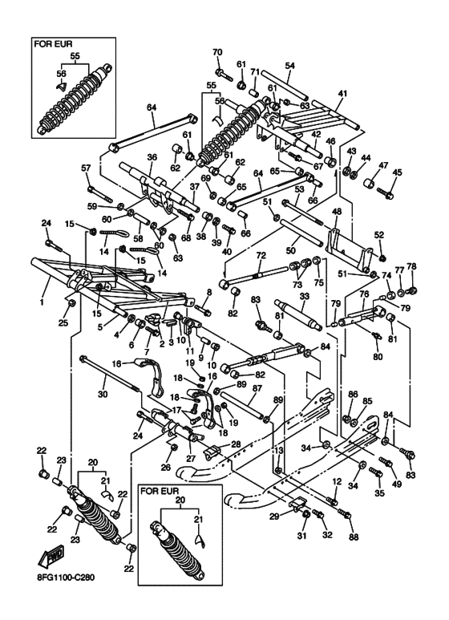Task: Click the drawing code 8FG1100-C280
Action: (63, 577)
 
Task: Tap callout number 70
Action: (218, 52)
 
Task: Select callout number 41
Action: (342, 94)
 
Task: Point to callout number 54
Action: (290, 66)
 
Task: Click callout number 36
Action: (152, 157)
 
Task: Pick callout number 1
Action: (42, 302)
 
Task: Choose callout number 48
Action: (337, 213)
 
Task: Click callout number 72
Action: (261, 255)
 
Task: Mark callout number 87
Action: (257, 388)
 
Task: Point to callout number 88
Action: (354, 537)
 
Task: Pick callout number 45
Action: (397, 172)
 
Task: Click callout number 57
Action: (86, 168)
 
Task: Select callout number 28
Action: (236, 444)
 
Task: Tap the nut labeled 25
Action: (71, 303)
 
